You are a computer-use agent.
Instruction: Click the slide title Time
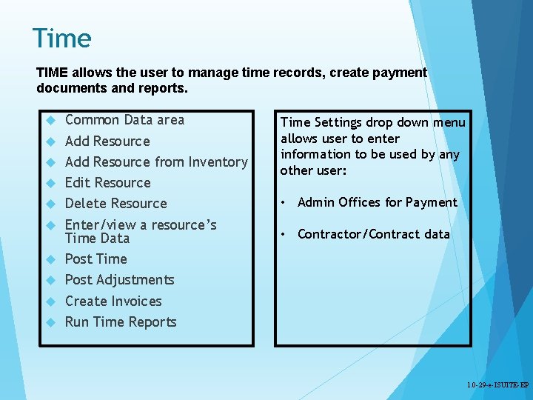(x=62, y=39)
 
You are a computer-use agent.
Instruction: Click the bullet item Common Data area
(x=124, y=120)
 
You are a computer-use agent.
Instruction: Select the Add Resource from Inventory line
(x=156, y=162)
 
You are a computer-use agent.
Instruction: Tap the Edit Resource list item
(x=107, y=183)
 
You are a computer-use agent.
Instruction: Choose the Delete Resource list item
(x=115, y=204)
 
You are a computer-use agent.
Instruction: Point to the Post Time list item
(x=95, y=259)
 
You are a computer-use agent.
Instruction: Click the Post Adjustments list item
(x=119, y=280)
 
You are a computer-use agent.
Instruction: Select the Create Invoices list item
(x=113, y=301)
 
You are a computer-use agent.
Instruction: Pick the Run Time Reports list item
(x=121, y=322)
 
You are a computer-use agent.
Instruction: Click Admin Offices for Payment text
(x=377, y=202)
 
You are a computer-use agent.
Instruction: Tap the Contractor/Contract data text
(x=373, y=234)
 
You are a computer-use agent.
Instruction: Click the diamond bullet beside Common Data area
(x=51, y=121)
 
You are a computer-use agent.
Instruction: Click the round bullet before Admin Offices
(x=284, y=203)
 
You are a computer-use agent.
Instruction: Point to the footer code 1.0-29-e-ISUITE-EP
(x=497, y=386)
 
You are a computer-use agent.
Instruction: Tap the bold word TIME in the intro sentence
(x=53, y=73)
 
